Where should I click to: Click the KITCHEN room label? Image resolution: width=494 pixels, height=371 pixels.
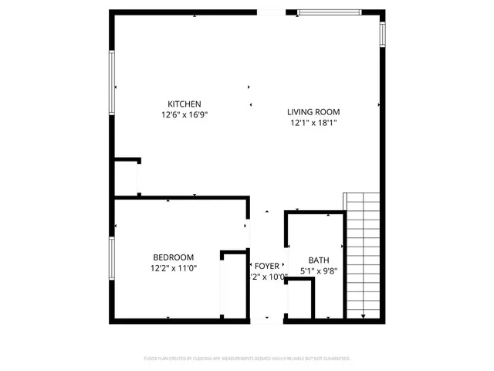pos(184,104)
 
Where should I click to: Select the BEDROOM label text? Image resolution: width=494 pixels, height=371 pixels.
pos(173,257)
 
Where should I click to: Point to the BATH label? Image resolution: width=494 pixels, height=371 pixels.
pos(319,260)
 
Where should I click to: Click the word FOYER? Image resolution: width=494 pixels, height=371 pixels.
pos(267,266)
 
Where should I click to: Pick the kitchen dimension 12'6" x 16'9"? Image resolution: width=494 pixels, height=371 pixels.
pos(184,114)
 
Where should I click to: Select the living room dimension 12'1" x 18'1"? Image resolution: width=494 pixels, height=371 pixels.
pos(313,123)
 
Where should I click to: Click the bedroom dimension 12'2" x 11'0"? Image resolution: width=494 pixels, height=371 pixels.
pos(173,268)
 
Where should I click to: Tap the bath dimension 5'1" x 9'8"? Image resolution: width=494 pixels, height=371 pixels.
pos(319,271)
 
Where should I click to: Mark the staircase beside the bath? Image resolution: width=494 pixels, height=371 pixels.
pos(364,255)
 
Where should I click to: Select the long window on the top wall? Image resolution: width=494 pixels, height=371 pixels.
pos(329,12)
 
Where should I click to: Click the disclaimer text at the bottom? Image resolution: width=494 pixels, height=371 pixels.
pos(247,359)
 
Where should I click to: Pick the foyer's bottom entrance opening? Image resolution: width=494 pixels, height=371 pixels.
pos(267,318)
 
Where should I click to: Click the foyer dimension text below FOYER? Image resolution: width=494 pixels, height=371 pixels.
pos(267,277)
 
